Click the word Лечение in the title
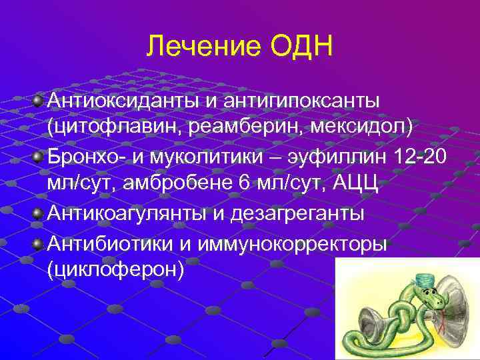pyautogui.click(x=193, y=47)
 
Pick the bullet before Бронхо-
pyautogui.click(x=38, y=157)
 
